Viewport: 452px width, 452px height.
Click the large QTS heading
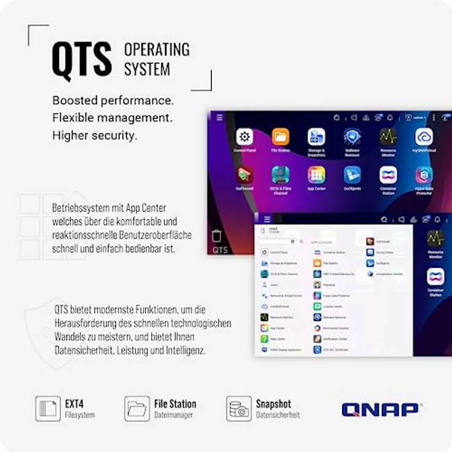point(82,60)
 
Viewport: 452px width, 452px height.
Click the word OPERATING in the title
point(157,49)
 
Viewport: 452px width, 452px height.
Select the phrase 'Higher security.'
point(95,135)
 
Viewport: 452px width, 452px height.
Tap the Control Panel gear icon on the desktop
point(244,137)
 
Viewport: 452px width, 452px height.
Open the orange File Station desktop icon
point(281,137)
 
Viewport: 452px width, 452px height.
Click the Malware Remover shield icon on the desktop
point(352,137)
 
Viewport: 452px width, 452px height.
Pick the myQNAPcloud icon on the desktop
point(424,137)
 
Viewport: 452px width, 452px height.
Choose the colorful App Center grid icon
point(316,175)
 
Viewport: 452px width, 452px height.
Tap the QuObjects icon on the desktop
point(352,175)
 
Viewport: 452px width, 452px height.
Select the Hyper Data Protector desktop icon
point(424,175)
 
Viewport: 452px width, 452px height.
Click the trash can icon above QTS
point(216,236)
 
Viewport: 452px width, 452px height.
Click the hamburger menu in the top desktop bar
point(220,117)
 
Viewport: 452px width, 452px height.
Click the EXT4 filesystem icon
point(48,408)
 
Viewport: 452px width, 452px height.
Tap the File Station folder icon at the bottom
point(137,408)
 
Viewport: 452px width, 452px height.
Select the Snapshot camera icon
point(239,408)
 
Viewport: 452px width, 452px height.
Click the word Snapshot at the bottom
point(273,403)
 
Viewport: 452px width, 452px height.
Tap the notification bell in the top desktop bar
point(389,117)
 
